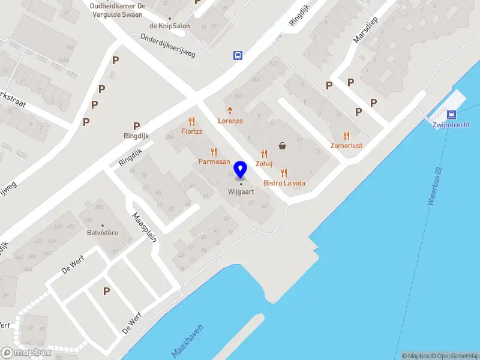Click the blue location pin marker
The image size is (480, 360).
click(x=241, y=170)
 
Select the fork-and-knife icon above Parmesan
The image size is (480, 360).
click(x=213, y=152)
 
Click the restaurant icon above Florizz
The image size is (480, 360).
click(x=192, y=121)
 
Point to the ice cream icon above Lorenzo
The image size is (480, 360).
click(x=230, y=110)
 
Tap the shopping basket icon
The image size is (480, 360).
click(x=282, y=145)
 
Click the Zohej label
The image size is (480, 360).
click(x=264, y=164)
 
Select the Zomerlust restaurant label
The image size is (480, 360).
click(x=346, y=145)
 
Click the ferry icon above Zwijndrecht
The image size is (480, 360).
click(x=451, y=115)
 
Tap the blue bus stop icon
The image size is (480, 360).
click(x=238, y=56)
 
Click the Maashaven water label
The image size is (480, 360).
click(x=187, y=343)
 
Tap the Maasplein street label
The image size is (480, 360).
click(x=145, y=226)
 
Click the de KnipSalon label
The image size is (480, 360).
click(x=169, y=26)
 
